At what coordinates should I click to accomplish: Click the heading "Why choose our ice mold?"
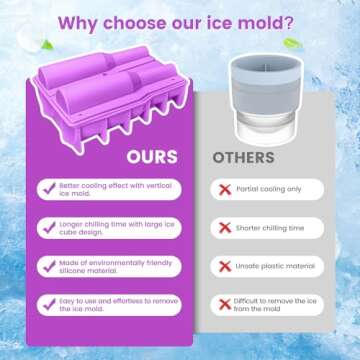coord(180,21)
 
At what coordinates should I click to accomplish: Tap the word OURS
coord(152,157)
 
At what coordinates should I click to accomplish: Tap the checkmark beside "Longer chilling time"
coord(48,228)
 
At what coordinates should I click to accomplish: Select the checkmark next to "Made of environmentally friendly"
coord(48,266)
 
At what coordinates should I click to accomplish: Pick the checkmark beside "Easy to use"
coord(48,304)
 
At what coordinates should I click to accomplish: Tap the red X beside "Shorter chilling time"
coord(225,228)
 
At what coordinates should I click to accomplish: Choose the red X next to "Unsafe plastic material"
coord(225,266)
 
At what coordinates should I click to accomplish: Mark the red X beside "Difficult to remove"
coord(225,304)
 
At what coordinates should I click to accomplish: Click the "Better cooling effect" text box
coord(112,190)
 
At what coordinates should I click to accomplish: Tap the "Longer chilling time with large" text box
coord(112,228)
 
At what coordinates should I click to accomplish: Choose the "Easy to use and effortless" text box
coord(112,304)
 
